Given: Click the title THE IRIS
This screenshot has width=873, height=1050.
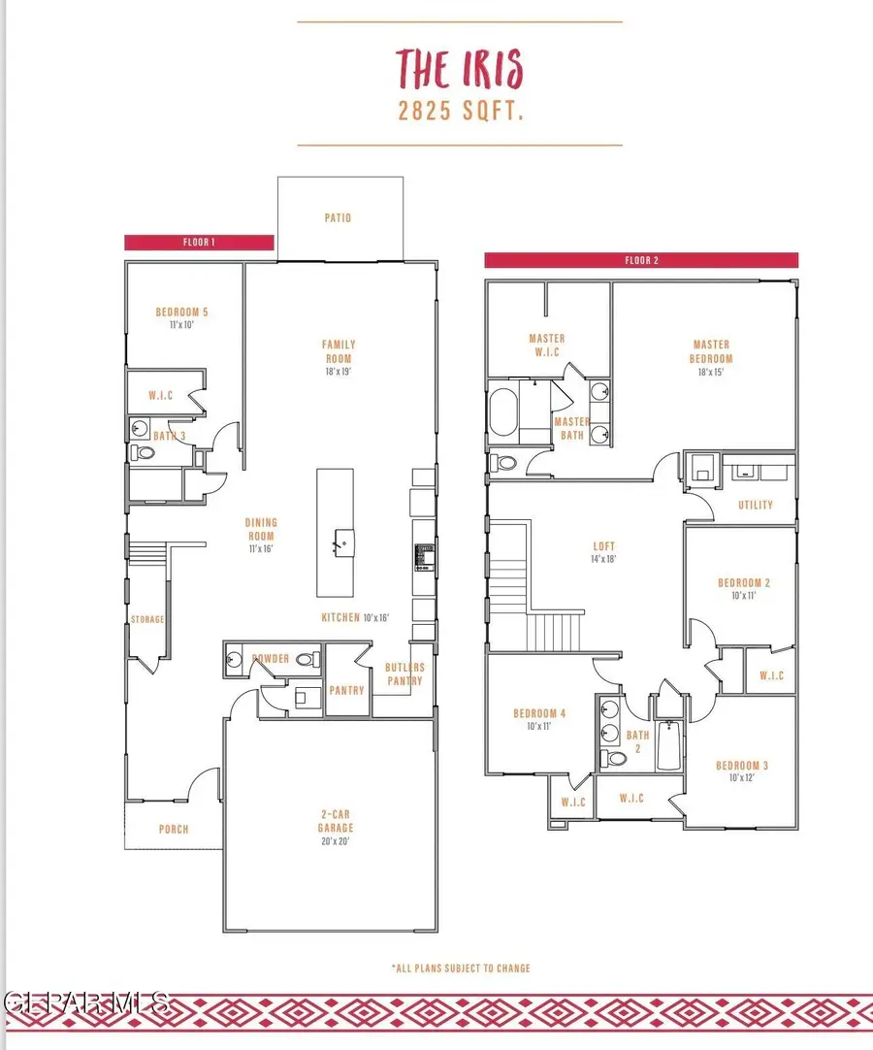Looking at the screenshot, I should (x=459, y=70).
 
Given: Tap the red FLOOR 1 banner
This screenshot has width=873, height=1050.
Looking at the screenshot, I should (x=199, y=243).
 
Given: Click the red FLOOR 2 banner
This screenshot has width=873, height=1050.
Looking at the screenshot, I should (x=641, y=260).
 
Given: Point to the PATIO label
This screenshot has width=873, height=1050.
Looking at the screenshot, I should (x=338, y=218).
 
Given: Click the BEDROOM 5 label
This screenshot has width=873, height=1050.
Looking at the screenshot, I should (x=181, y=317).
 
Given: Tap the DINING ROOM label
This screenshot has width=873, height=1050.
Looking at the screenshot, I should (x=261, y=535).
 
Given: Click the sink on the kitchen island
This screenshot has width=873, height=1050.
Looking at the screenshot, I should (x=339, y=541).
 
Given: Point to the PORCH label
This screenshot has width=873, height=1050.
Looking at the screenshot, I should (x=174, y=829).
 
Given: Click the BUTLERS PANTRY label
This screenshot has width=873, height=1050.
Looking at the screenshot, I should (x=404, y=673).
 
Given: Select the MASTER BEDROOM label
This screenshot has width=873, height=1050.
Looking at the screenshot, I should (x=711, y=356).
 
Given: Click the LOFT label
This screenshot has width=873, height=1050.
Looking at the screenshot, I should (x=604, y=552).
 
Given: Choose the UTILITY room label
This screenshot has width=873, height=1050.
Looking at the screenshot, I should (x=756, y=505).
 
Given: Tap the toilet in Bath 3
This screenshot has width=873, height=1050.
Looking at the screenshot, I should (x=142, y=453).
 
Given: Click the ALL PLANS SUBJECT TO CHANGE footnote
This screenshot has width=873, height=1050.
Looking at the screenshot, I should (x=460, y=968).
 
